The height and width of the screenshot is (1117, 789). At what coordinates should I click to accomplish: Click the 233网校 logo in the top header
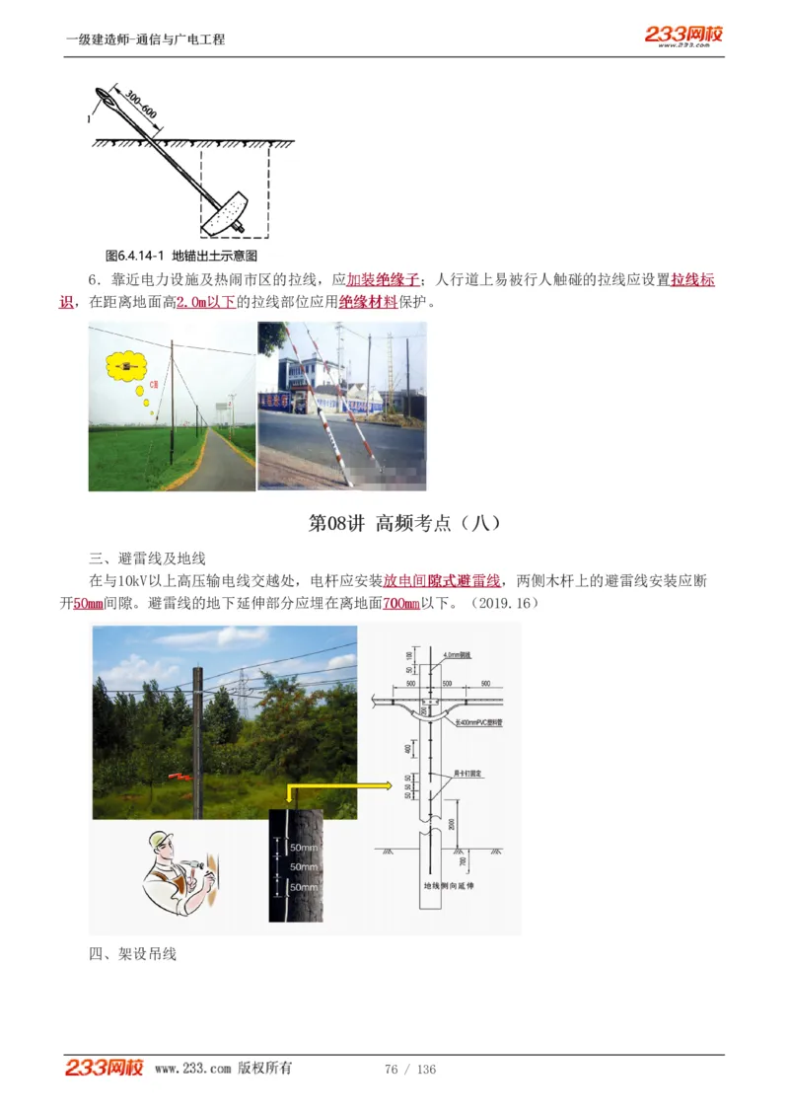(x=683, y=36)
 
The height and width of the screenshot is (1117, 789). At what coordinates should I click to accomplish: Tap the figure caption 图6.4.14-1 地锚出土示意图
(x=180, y=255)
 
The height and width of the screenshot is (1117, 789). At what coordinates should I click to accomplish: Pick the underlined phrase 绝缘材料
(x=368, y=302)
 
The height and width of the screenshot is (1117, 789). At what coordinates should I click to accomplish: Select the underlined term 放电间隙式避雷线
(x=442, y=580)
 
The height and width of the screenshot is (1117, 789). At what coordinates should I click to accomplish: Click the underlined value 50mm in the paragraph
(x=89, y=602)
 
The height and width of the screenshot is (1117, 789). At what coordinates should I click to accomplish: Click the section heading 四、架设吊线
(x=132, y=954)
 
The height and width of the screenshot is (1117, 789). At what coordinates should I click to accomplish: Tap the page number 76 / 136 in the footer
(x=410, y=1070)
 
